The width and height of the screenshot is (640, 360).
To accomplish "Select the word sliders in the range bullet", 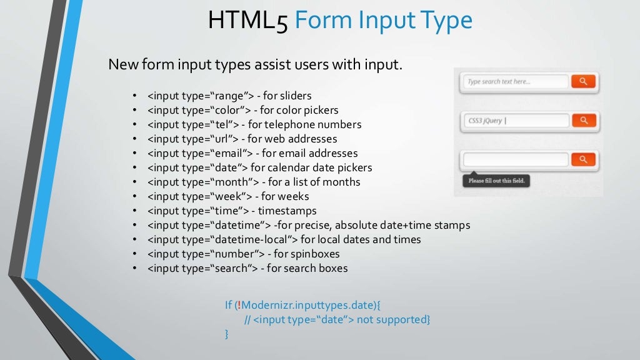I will (x=296, y=96).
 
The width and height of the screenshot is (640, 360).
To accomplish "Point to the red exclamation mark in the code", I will (x=238, y=305).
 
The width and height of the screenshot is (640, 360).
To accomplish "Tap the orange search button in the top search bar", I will (x=583, y=81).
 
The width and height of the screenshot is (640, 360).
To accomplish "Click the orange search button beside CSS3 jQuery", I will (x=583, y=121).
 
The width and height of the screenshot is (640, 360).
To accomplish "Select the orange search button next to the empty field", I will (x=583, y=159).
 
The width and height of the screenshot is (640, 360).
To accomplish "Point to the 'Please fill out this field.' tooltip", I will (x=496, y=181).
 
